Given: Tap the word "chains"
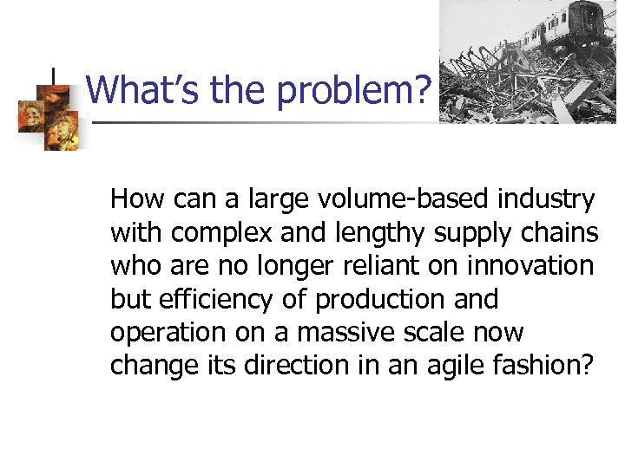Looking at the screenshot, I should (x=558, y=233).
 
